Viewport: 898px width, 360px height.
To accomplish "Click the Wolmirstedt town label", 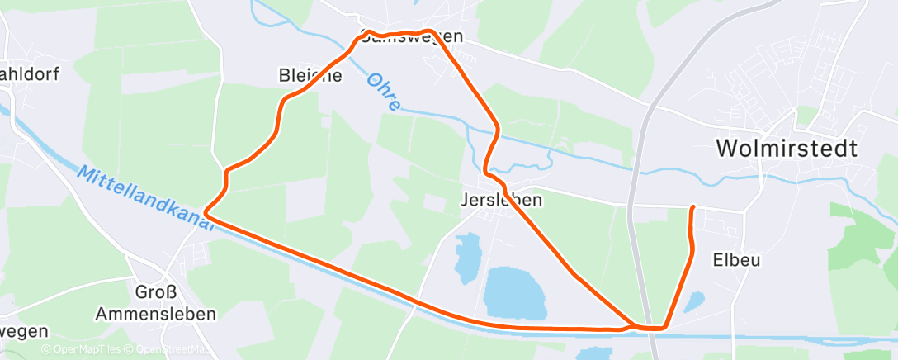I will [787, 149].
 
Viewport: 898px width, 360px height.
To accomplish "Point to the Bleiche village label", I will [311, 76].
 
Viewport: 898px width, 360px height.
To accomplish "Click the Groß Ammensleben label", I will [155, 303].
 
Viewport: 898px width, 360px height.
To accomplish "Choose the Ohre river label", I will [384, 92].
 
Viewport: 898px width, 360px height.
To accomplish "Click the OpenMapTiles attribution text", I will [82, 349].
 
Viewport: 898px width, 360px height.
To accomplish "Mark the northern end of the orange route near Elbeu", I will [692, 207].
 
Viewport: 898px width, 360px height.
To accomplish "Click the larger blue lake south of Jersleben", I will [515, 293].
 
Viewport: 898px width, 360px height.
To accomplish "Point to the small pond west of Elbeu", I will [694, 302].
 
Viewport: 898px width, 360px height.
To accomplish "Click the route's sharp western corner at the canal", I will [206, 213].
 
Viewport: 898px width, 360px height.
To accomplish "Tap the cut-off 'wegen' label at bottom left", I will [23, 331].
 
